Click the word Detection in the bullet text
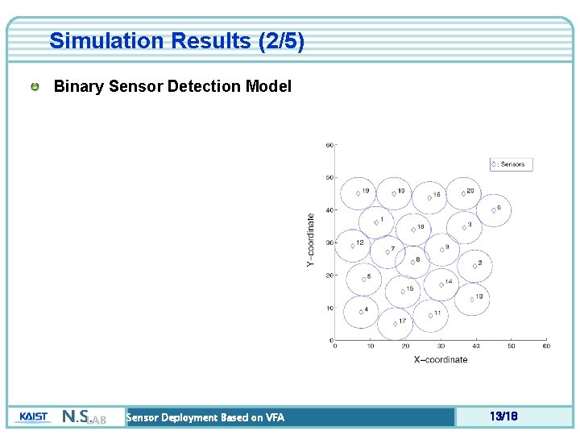point(201,87)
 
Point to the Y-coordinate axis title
point(311,240)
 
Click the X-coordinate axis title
point(441,359)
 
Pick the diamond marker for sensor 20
point(462,193)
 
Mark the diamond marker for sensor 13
point(471,299)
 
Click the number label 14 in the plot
point(449,282)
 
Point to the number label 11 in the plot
point(437,313)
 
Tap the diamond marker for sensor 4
point(360,311)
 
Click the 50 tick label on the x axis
point(511,346)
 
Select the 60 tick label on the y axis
point(329,145)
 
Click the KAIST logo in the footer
point(34,416)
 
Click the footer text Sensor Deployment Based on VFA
point(205,417)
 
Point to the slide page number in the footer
point(503,416)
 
